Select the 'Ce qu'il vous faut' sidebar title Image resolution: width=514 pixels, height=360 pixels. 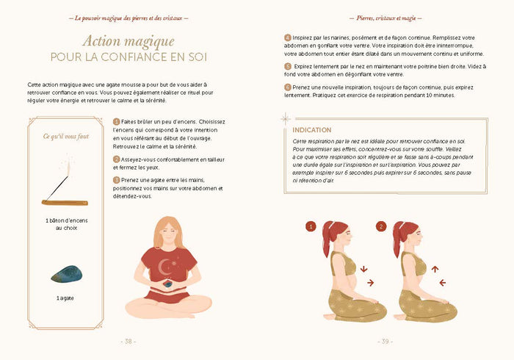(65, 136)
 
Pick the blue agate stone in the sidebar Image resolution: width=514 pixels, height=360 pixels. (65, 274)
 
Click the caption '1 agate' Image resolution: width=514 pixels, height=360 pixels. (65, 298)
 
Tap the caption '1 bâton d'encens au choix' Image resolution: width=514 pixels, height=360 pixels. (65, 223)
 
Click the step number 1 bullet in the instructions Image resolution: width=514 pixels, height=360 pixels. (116, 122)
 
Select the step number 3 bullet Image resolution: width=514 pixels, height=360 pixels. (116, 179)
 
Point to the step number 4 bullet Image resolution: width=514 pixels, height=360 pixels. (287, 37)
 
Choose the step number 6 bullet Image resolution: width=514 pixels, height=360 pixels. (287, 87)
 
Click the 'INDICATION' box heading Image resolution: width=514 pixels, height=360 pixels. (311, 129)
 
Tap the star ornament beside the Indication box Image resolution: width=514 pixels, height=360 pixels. (285, 118)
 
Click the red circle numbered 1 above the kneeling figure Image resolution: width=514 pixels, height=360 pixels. (311, 226)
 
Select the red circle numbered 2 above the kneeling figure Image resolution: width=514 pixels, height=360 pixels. (380, 226)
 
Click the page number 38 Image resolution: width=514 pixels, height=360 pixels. (128, 341)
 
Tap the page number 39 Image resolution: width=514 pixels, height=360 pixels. (385, 341)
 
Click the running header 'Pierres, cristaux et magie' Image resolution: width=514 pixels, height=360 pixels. (385, 16)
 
